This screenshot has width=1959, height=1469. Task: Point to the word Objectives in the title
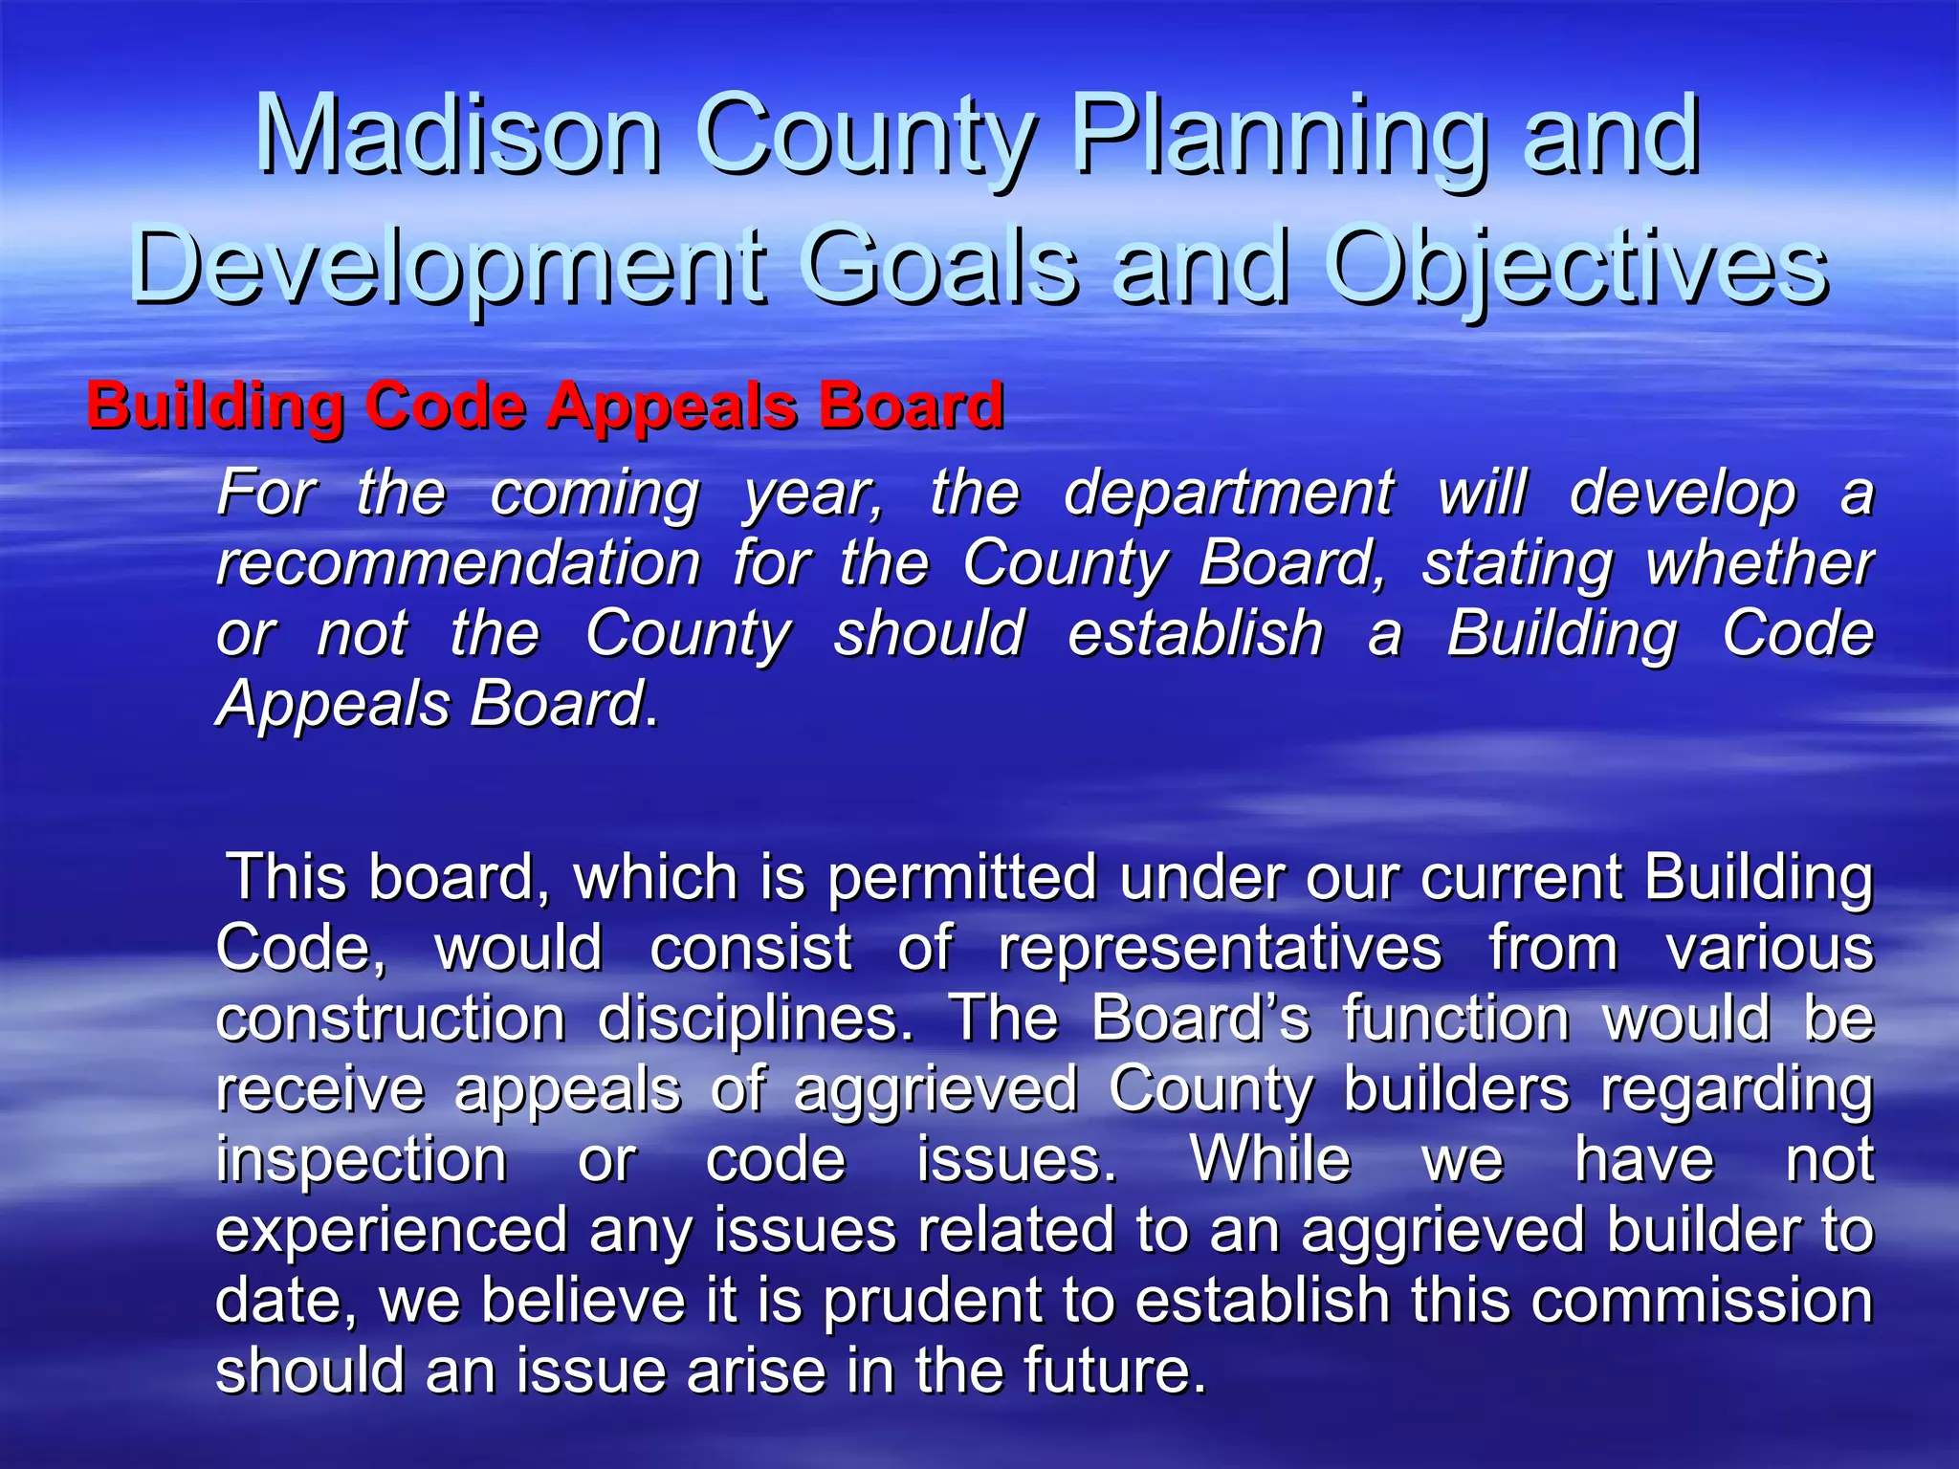[x=1577, y=266]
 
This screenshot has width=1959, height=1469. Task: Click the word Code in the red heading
[x=445, y=406]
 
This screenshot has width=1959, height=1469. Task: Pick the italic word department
[x=1228, y=493]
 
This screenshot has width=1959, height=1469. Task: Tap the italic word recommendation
[x=459, y=563]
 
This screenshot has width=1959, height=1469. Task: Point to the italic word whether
[x=1759, y=563]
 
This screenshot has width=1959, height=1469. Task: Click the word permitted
[x=962, y=877]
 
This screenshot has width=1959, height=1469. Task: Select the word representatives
[x=1220, y=948]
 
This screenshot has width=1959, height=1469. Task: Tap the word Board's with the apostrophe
[x=1200, y=1018]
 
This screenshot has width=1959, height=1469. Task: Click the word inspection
[x=362, y=1159]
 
